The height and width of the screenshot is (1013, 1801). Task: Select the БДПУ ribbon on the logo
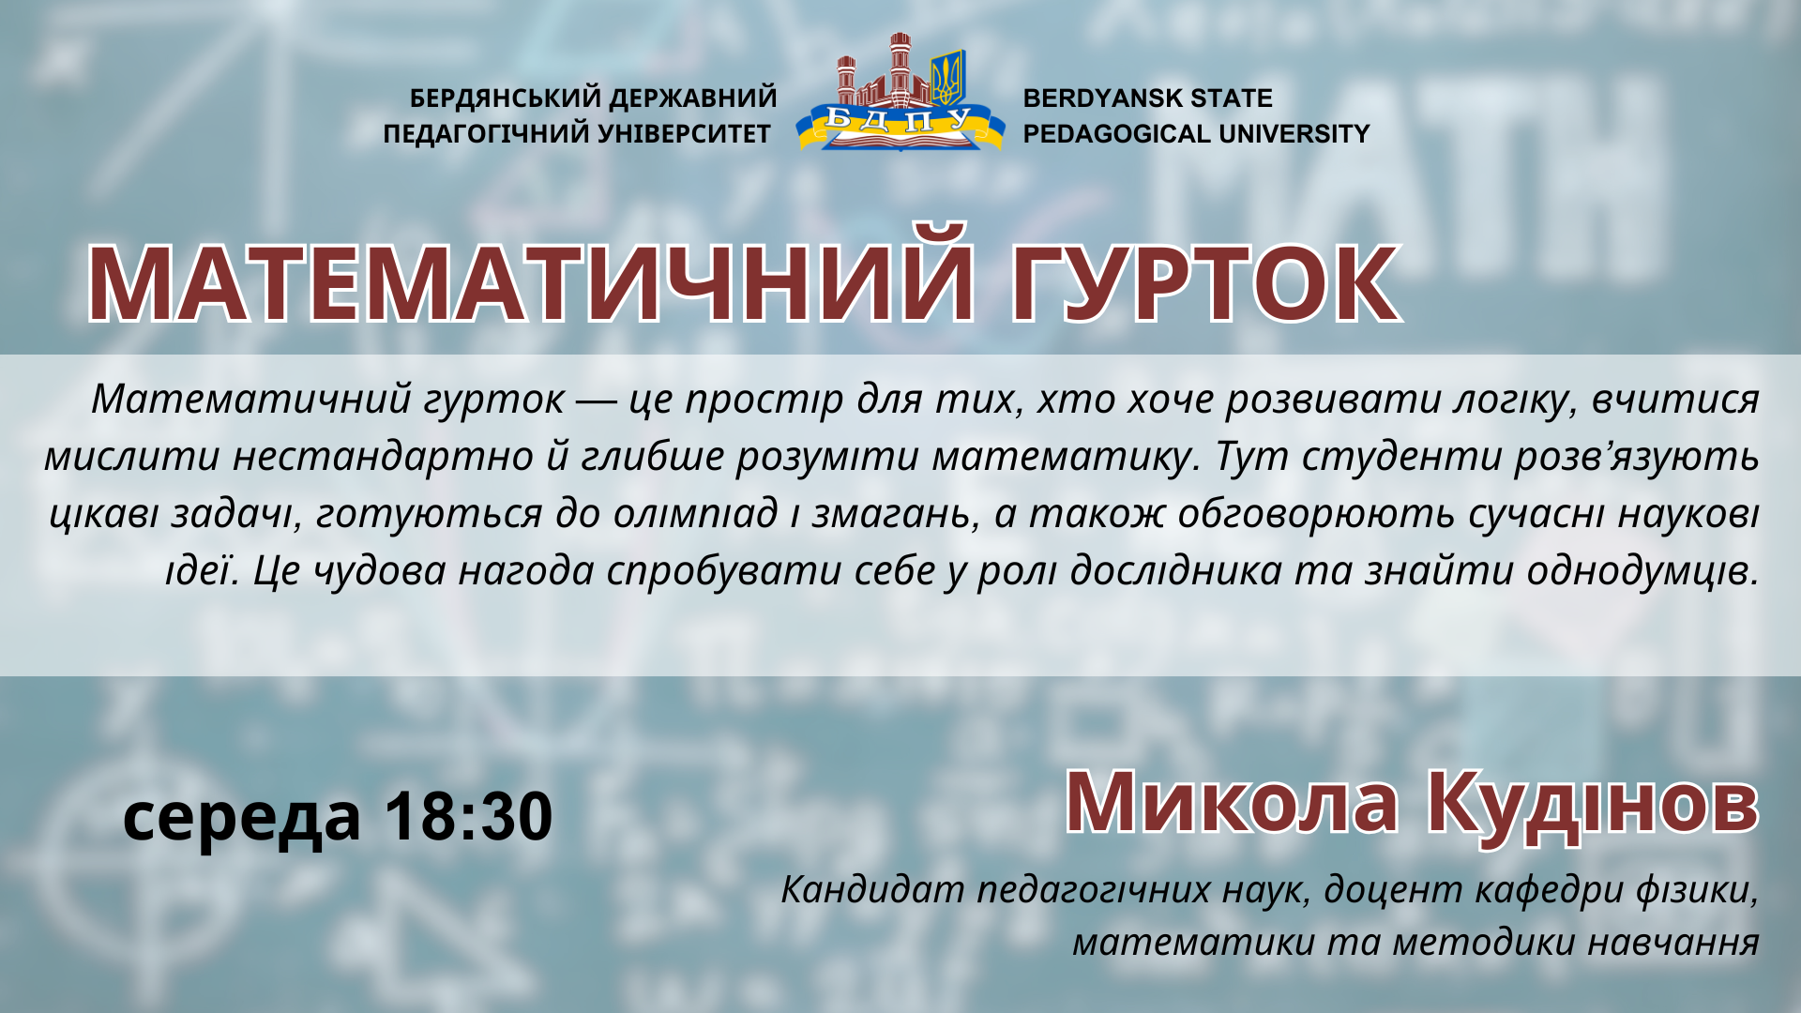[x=900, y=123]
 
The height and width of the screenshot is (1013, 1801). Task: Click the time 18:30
[x=469, y=816]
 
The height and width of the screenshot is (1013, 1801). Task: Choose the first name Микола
[x=1232, y=802]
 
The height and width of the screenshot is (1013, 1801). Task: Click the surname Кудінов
[x=1592, y=804]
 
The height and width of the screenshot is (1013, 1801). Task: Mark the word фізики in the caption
[x=1697, y=889]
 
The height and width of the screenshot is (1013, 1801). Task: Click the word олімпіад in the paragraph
[x=695, y=513]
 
